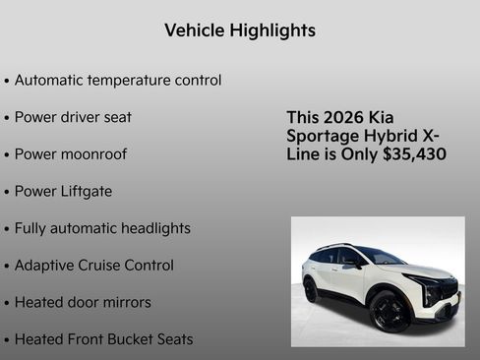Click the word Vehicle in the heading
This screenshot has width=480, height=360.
[194, 30]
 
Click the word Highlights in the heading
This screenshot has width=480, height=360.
[272, 30]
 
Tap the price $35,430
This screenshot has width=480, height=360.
[413, 154]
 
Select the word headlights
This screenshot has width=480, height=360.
[155, 228]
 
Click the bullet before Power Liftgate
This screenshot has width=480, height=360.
[7, 192]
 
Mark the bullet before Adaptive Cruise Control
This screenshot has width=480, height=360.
[7, 266]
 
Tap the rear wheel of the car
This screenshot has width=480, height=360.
[311, 290]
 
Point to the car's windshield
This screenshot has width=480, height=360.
[380, 257]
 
